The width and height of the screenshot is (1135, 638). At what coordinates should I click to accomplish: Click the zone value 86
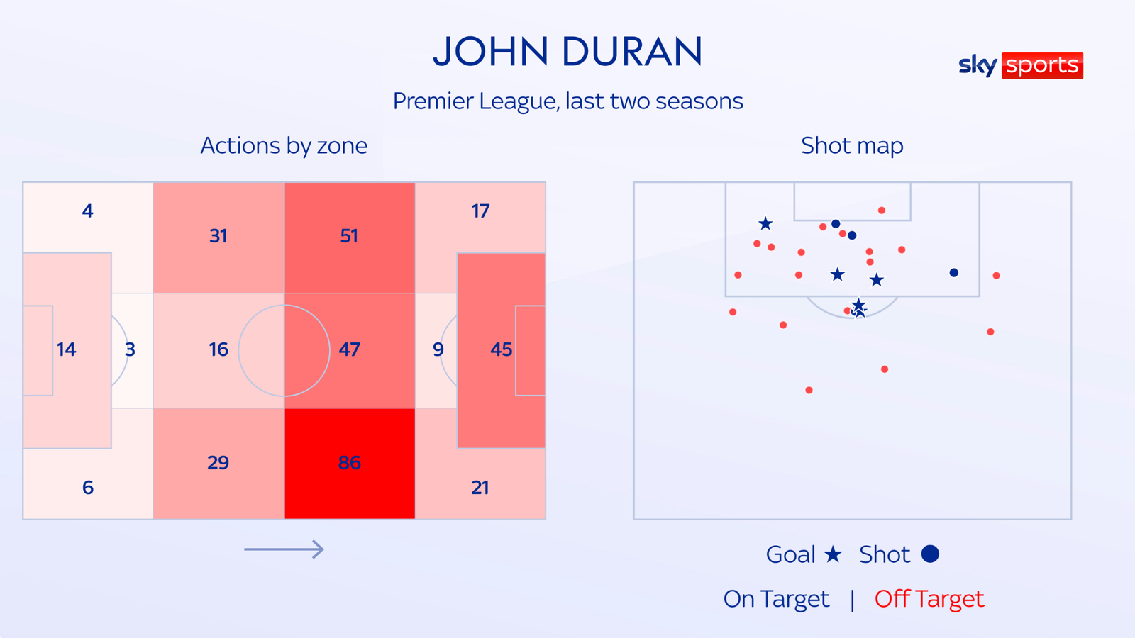349,463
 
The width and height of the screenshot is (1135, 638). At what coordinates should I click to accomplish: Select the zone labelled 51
349,236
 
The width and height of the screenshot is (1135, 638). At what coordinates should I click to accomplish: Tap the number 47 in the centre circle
349,349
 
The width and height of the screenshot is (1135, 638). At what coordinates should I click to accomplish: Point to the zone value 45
501,349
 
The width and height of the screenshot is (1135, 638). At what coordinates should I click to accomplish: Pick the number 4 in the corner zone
87,211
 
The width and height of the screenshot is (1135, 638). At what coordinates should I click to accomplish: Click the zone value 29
218,463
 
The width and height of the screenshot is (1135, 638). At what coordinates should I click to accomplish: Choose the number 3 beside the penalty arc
130,349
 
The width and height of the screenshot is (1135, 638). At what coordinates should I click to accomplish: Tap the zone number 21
480,488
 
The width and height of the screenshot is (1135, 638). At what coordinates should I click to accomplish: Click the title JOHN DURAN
567,52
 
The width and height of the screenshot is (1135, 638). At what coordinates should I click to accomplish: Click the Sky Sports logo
1020,65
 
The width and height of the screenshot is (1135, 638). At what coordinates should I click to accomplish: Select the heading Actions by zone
284,145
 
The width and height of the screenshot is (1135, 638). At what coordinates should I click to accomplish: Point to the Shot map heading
852,145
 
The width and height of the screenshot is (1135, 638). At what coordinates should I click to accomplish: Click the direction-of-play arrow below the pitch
284,549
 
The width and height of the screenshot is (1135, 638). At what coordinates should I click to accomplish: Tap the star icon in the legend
833,554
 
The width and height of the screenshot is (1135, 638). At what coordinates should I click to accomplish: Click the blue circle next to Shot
930,554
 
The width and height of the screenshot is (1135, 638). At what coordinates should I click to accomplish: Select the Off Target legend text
929,599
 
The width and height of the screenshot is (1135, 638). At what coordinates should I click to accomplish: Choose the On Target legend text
776,599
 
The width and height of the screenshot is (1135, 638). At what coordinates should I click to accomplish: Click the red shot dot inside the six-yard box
882,211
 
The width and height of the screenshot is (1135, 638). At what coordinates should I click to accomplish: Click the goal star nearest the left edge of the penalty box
765,224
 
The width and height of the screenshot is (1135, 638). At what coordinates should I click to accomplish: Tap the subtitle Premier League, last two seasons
567,101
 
